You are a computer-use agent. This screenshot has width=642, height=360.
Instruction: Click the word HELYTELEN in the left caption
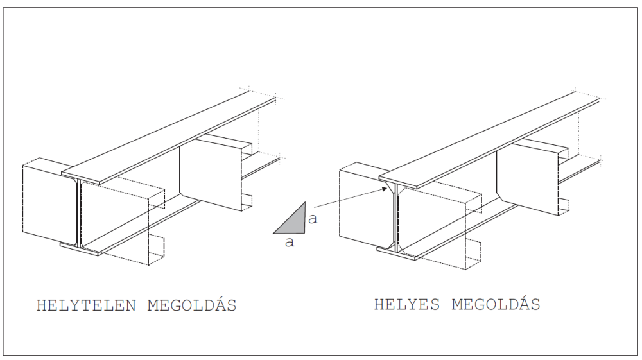tap(86, 305)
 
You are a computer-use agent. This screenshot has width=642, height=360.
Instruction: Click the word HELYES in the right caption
tap(407, 304)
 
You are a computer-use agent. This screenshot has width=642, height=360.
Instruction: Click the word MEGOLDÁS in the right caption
tap(496, 304)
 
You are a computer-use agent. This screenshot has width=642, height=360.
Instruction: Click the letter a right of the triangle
tap(313, 219)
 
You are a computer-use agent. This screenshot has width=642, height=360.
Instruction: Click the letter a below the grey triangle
tap(290, 242)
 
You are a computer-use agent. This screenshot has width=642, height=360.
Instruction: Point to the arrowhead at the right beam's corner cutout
tap(385, 189)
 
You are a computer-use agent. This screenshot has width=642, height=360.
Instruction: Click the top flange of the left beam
tap(169, 137)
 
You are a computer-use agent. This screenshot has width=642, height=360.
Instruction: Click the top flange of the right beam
tap(489, 139)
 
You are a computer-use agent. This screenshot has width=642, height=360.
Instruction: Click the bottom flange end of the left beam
tap(80, 249)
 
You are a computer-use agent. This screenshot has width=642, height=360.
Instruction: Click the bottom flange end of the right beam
tap(396, 253)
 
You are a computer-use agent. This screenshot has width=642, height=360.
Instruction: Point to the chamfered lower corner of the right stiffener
tap(500, 196)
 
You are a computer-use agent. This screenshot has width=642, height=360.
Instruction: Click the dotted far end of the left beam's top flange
tap(261, 94)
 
